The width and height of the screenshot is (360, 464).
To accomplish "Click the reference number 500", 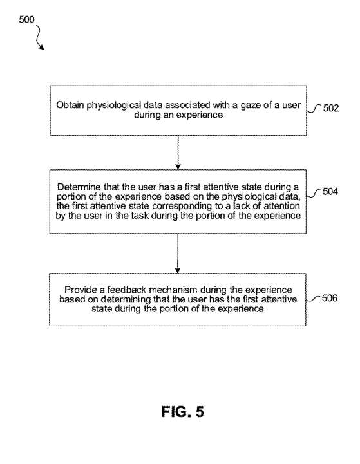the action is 26,19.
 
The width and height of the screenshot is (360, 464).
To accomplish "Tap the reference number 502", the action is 330,108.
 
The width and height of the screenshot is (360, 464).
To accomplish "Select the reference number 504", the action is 330,192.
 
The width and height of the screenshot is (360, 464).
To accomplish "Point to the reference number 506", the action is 330,298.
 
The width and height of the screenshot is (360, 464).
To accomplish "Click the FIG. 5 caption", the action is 183,412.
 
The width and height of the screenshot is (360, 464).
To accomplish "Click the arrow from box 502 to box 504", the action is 178,153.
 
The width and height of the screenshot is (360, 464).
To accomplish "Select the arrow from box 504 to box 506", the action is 178,254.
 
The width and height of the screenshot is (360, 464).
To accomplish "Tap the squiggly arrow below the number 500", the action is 40,37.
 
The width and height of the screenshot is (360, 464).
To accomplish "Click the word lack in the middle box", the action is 241,206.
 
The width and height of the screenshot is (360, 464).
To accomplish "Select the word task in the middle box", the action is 140,216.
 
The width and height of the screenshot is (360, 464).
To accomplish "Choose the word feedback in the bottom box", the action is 126,290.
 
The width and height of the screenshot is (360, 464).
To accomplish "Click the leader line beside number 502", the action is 314,109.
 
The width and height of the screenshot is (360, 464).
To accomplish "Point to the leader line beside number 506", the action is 313,299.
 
